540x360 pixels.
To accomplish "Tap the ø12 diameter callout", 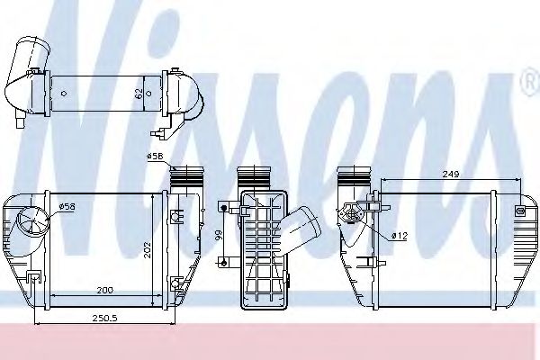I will [x=399, y=236].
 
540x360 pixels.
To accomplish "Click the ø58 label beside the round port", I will [x=66, y=207].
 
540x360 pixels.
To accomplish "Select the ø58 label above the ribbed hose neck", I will [x=154, y=157].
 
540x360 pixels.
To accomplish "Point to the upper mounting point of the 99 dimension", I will [x=222, y=208].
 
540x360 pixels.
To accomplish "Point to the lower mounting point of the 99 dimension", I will [x=222, y=262].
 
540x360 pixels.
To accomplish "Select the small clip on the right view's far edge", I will [x=520, y=210].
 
